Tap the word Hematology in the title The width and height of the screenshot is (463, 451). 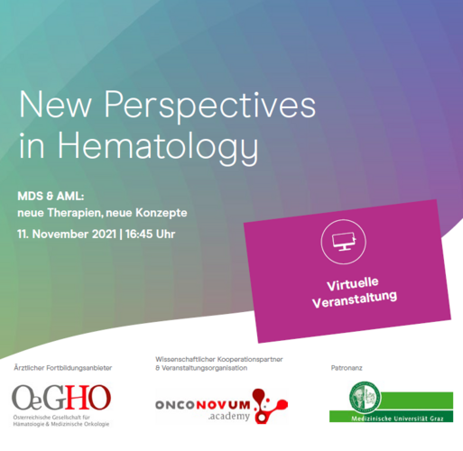[x=158, y=147]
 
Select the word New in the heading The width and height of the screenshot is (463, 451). [x=55, y=104]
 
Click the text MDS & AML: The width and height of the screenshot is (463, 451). [x=51, y=197]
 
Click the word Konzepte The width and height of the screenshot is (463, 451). [x=162, y=213]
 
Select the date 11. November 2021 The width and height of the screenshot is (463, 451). [x=67, y=234]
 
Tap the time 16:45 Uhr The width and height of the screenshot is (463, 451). [x=150, y=234]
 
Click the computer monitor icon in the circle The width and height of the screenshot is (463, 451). [x=344, y=242]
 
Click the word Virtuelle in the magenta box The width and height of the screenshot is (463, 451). [x=353, y=283]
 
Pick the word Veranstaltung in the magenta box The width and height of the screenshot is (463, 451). [x=355, y=299]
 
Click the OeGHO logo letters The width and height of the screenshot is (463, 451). [x=61, y=398]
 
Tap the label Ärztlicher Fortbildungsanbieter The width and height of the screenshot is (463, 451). [x=63, y=368]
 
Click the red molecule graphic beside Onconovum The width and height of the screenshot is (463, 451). [x=270, y=406]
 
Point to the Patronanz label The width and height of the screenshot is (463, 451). [x=347, y=368]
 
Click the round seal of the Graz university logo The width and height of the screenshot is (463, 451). [x=365, y=397]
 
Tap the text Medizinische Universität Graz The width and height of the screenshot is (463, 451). [x=397, y=419]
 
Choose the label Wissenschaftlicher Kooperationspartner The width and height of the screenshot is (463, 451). [x=219, y=359]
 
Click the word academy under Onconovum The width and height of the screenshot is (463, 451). [x=229, y=417]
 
